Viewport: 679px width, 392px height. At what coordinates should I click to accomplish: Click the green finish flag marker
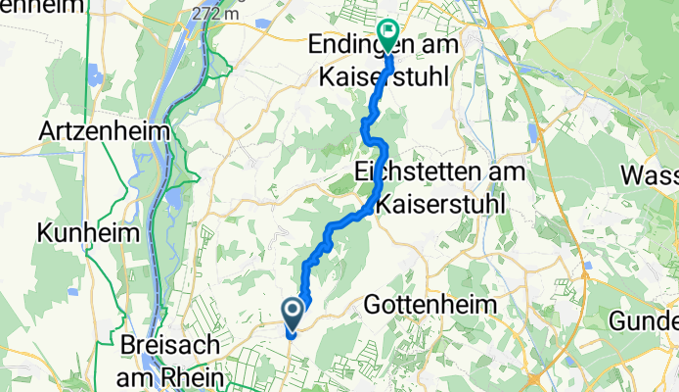tap(388, 34)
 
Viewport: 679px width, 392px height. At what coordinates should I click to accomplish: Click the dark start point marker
tap(293, 312)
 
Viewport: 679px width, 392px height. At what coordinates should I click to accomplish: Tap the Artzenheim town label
tap(105, 130)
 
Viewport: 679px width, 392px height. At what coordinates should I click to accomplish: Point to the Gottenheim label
tap(430, 305)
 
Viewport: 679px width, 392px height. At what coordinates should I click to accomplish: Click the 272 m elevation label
tap(218, 14)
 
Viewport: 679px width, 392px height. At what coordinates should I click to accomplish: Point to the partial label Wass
tap(653, 177)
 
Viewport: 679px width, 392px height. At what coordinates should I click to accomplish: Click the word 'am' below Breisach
tap(135, 374)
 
